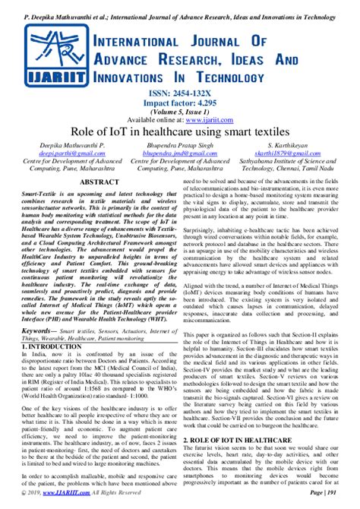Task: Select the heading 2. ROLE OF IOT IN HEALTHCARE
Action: pos(246,439)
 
